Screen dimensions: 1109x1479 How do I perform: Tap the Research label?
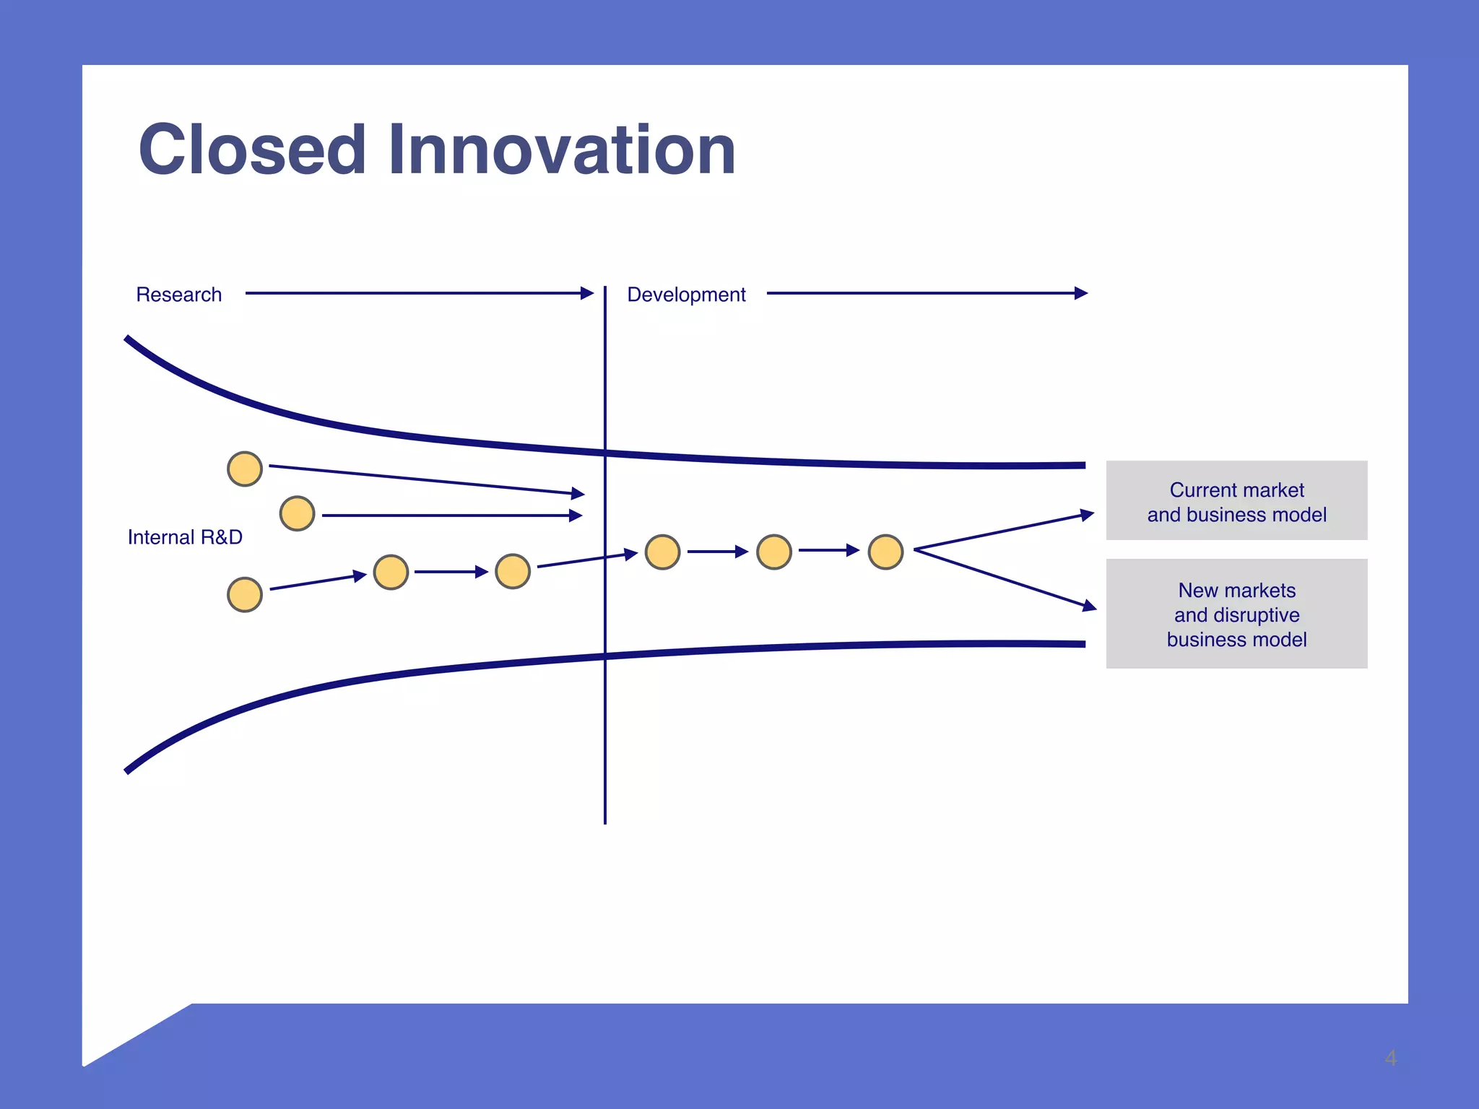point(178,295)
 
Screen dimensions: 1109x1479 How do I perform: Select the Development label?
point(686,295)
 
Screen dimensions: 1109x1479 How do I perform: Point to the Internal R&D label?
point(185,537)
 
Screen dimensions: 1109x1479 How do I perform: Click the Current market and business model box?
point(1236,500)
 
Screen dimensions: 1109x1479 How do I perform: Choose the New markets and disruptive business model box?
point(1236,614)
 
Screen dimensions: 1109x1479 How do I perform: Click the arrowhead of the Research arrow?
point(587,293)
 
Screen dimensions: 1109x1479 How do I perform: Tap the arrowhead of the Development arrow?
point(1081,293)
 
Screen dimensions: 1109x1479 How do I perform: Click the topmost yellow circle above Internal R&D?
point(245,469)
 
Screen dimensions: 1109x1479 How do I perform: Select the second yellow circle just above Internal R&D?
point(297,513)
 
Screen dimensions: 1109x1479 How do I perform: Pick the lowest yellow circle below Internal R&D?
point(245,595)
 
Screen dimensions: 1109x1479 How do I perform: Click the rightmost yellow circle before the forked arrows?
point(885,552)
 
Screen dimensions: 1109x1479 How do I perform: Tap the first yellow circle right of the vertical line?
point(662,552)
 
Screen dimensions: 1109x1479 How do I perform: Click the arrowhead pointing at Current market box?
point(1088,514)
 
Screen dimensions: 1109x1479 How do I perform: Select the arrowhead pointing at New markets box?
point(1090,606)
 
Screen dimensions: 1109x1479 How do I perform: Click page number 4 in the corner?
point(1390,1058)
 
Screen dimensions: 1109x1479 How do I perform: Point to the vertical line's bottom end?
point(605,822)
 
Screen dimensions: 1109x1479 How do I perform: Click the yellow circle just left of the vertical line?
point(513,572)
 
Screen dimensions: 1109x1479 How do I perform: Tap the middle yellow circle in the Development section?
point(774,552)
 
